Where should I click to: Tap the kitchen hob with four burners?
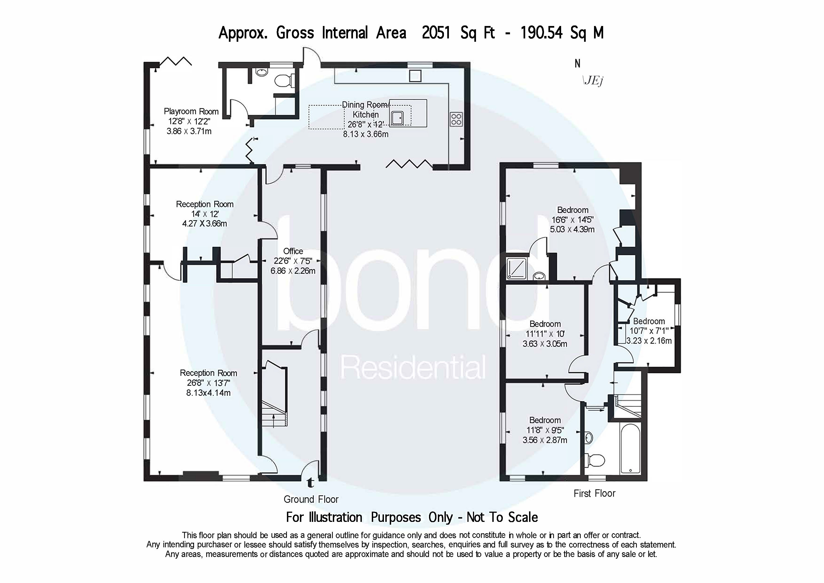(x=456, y=119)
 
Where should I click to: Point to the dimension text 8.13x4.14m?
(x=208, y=393)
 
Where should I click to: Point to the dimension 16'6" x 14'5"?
(x=572, y=220)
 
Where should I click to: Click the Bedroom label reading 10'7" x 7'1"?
(x=649, y=321)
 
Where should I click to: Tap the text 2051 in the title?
(x=436, y=33)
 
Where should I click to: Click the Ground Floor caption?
(x=311, y=499)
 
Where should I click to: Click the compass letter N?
(x=577, y=64)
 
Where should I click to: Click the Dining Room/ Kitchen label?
(x=365, y=110)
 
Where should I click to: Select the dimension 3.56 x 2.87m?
(x=545, y=440)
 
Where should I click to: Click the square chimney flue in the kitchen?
(x=415, y=76)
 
